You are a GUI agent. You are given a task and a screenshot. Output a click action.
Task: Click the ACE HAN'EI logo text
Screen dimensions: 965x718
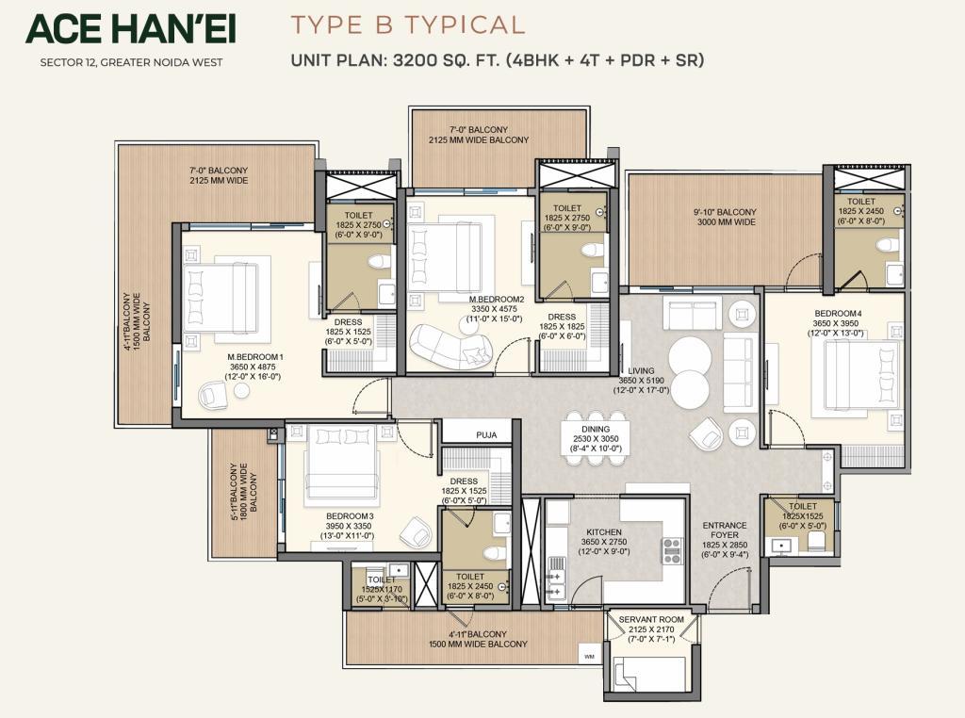coord(130,29)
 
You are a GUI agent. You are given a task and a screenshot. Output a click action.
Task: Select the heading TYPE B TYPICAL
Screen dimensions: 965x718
coord(407,24)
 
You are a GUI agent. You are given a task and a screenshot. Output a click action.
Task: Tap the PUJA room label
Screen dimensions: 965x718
coord(486,435)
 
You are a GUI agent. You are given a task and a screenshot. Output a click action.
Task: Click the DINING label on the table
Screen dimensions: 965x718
coord(596,429)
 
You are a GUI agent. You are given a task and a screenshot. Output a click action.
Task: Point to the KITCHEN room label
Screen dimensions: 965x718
coord(604,531)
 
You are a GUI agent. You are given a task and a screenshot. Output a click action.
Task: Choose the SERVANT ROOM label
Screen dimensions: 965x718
coord(651,620)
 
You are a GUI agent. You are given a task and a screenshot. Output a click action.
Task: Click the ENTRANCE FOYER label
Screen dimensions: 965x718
coord(725,530)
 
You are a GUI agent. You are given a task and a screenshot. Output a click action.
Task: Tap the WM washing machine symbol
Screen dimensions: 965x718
coord(589,657)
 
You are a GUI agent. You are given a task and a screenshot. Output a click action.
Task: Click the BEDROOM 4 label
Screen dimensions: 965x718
coord(838,313)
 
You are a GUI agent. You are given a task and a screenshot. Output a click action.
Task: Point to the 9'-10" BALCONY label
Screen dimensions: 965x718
coord(726,212)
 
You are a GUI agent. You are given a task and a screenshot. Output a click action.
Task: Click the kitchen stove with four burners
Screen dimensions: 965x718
coord(671,550)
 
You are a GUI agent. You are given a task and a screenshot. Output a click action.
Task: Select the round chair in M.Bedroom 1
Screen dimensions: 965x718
coord(213,395)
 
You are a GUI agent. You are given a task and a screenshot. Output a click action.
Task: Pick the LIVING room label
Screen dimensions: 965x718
coord(641,371)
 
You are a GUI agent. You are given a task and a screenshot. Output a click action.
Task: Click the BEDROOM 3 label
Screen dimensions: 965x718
coord(350,516)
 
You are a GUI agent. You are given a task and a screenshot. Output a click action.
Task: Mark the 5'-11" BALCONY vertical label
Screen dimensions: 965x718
coord(234,492)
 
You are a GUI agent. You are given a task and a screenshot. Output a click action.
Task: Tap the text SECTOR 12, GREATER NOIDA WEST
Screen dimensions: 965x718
coord(131,62)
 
